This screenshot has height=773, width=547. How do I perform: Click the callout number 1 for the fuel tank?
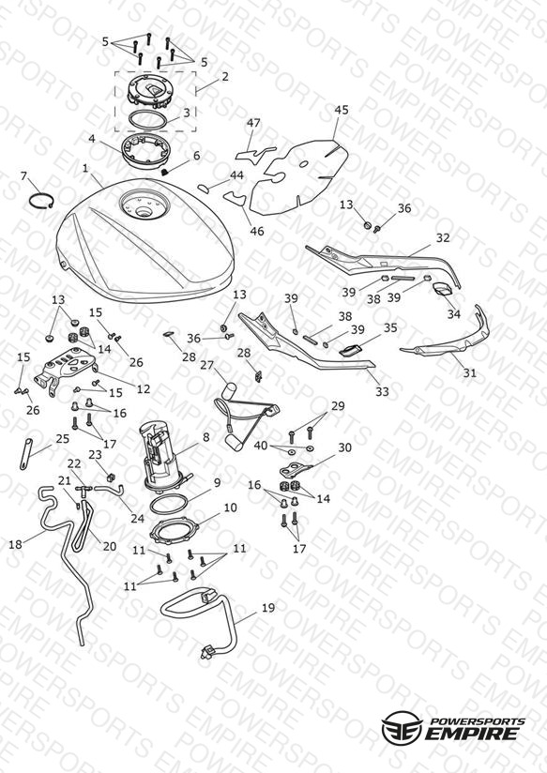tap(85, 169)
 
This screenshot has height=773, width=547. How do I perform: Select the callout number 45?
tap(342, 110)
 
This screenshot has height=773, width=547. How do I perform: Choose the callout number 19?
tap(268, 608)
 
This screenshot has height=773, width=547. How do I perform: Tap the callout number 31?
tap(470, 373)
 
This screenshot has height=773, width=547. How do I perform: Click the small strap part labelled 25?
tap(26, 453)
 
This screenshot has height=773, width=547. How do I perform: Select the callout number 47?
tap(253, 123)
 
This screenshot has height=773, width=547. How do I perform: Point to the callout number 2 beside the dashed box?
tap(225, 78)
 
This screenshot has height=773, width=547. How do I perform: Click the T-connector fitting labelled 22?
tap(84, 488)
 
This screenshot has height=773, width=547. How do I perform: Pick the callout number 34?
tap(454, 314)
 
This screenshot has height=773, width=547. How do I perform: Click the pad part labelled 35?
tap(351, 350)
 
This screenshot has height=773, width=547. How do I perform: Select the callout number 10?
tap(231, 508)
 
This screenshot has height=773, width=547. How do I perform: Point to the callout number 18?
tap(16, 544)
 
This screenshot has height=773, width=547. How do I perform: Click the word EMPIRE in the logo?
tap(472, 733)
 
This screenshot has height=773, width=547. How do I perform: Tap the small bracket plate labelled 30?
tap(296, 469)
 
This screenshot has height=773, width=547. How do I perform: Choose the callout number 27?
tap(207, 365)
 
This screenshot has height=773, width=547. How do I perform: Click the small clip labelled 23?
tap(111, 477)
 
